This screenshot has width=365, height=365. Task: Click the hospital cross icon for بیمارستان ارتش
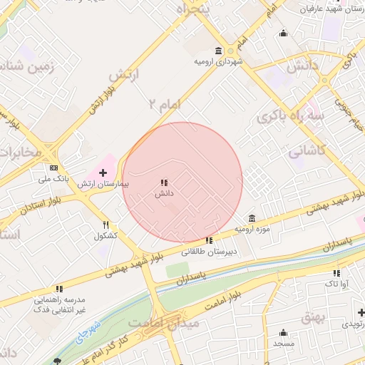(x=103, y=172)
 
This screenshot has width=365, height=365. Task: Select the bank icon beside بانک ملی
(x=54, y=168)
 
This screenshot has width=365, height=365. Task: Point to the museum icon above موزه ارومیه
(x=252, y=218)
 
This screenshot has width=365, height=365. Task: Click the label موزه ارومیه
(x=252, y=230)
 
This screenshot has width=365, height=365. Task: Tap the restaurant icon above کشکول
(x=106, y=225)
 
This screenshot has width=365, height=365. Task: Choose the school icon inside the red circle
(x=164, y=182)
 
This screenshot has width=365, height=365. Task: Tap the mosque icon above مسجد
(x=283, y=332)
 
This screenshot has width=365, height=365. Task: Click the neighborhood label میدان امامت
(x=163, y=323)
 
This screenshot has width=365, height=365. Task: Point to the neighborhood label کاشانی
(x=307, y=151)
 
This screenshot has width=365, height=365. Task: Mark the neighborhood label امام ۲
(x=165, y=104)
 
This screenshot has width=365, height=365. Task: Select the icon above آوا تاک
(x=336, y=272)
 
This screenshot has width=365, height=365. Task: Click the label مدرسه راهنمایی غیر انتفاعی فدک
(x=61, y=306)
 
